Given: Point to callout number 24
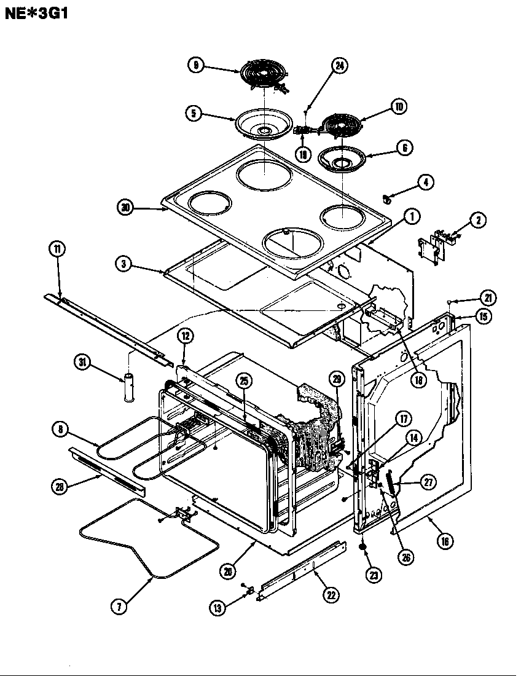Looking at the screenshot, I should click(x=339, y=66).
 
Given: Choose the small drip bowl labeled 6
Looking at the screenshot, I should click(x=342, y=159).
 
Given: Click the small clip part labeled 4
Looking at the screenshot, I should click(x=388, y=198).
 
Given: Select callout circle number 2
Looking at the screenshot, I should click(x=477, y=220).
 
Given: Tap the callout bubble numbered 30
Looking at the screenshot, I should click(x=126, y=208).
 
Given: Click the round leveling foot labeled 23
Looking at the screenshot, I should click(x=363, y=547).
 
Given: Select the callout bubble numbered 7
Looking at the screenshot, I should click(x=119, y=605).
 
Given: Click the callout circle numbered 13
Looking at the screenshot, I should click(x=217, y=608).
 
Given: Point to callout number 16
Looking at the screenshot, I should click(x=445, y=541).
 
